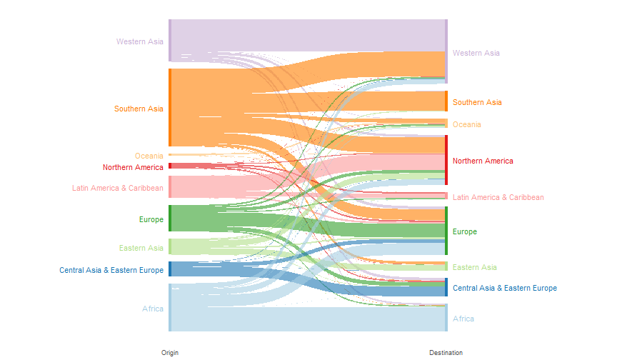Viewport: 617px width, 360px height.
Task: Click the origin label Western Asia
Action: coord(140,41)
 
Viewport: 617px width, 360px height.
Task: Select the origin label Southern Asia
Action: coord(139,109)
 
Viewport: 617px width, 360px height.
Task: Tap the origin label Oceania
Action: coord(149,156)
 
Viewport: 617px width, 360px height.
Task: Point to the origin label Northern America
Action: coord(133,167)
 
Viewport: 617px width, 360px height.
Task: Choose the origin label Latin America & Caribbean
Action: coord(118,188)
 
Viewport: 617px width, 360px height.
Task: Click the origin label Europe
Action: coord(151,219)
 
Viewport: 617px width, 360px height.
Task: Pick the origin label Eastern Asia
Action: coord(141,248)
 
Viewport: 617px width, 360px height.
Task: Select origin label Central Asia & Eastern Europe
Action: coord(111,270)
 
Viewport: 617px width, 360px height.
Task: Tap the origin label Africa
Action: coord(153,309)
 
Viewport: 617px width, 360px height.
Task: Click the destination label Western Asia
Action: coord(476,53)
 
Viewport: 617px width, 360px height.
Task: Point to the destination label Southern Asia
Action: coord(477,102)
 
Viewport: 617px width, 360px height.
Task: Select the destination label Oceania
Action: coord(467,124)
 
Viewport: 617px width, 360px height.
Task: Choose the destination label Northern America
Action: coord(483,161)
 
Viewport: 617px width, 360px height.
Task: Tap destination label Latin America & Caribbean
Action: coord(498,197)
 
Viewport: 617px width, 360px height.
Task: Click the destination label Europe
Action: coord(465,231)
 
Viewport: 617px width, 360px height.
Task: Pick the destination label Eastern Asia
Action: coord(475,267)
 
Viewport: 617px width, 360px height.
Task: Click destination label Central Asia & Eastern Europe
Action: coord(505,288)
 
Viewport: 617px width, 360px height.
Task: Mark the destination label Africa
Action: coord(463,319)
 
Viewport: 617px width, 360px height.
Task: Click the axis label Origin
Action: coord(170,353)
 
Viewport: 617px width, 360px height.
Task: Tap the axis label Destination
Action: coord(446,353)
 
